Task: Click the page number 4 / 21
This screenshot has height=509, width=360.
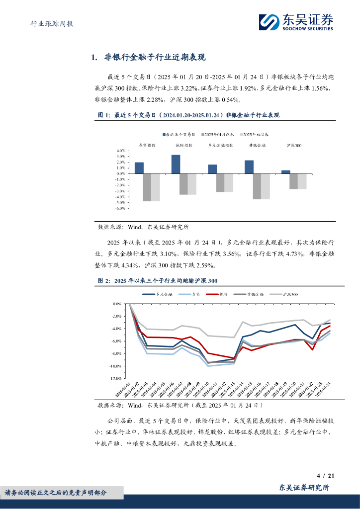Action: [x=325, y=476]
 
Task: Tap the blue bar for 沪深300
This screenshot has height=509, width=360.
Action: [x=285, y=172]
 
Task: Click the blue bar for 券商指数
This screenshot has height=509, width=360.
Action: [x=139, y=168]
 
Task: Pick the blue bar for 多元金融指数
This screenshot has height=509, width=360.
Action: [x=212, y=169]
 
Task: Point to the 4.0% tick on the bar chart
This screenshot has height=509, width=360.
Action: [x=120, y=151]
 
